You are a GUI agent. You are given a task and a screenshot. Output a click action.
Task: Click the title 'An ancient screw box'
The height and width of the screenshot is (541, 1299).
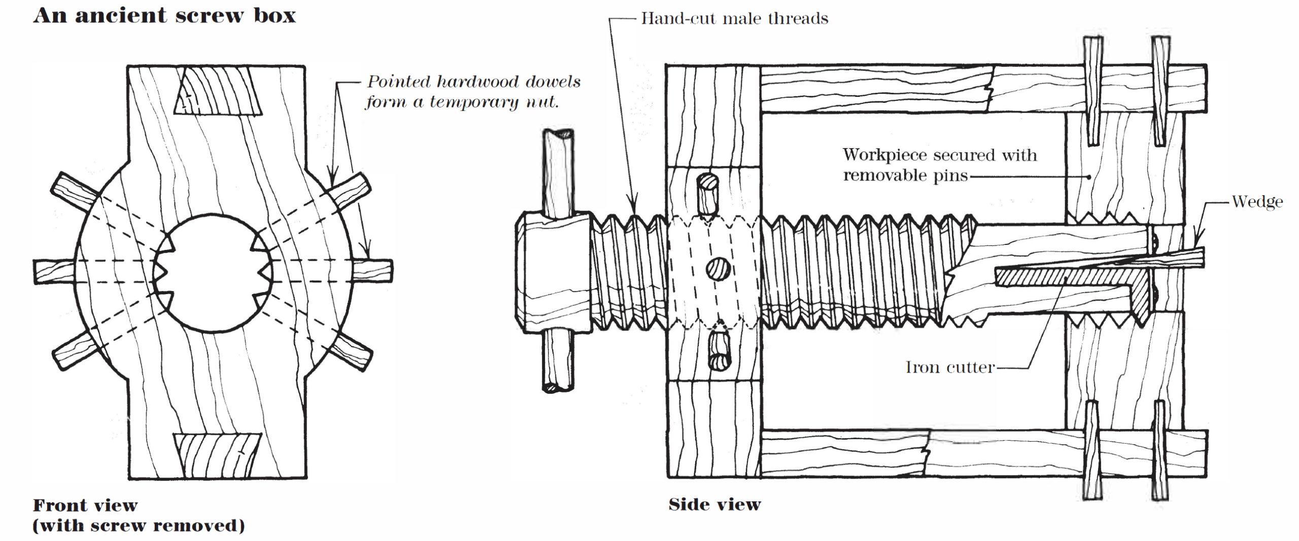tap(164, 16)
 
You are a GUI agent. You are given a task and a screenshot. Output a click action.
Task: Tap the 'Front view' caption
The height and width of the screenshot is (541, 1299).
tap(85, 505)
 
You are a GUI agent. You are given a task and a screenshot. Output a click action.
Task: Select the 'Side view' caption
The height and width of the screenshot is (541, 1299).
tap(714, 504)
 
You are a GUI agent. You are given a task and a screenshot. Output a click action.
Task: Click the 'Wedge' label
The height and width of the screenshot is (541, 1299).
tap(1257, 202)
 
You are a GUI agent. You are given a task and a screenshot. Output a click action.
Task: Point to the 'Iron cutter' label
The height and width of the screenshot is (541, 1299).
tap(950, 367)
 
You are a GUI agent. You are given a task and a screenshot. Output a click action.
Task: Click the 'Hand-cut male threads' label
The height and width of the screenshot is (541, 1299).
tap(734, 19)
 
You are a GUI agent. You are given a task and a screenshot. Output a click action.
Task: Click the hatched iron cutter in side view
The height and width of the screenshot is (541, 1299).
tap(1066, 277)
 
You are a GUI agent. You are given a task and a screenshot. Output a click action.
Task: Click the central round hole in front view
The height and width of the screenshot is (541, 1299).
tap(213, 274)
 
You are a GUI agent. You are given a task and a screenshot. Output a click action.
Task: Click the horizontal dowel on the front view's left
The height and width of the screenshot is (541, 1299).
tap(53, 271)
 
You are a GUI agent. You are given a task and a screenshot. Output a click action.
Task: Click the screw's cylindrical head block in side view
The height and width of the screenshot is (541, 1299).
tap(553, 273)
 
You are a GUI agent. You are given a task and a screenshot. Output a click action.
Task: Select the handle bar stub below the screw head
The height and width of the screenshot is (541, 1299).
tap(558, 360)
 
